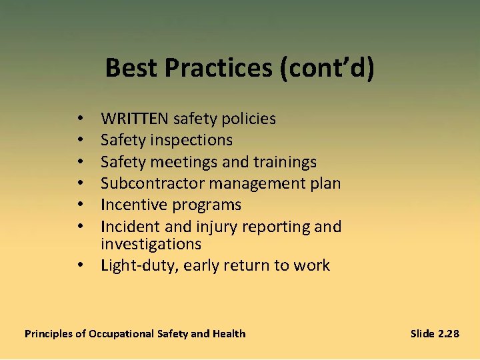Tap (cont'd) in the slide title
[327, 68]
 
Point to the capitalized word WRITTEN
[135, 119]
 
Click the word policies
[250, 119]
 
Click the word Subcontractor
[151, 183]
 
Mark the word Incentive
[133, 205]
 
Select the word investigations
[151, 244]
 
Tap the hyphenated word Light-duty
[139, 265]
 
